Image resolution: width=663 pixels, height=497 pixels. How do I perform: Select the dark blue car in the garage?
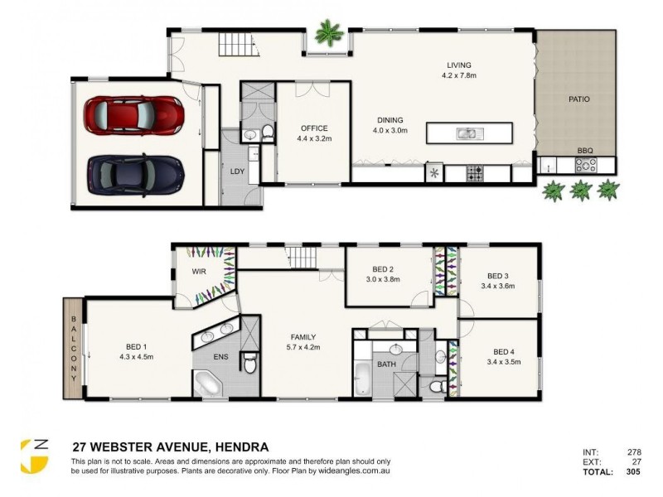click(x=134, y=171)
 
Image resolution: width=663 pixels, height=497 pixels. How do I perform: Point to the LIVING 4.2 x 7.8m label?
click(x=458, y=70)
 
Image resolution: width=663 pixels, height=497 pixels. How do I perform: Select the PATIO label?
click(x=578, y=99)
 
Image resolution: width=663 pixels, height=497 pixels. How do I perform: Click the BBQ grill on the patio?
click(x=586, y=166)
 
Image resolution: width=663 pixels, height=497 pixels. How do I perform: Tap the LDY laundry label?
click(x=236, y=171)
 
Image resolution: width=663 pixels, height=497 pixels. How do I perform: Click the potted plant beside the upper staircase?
click(x=330, y=34)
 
